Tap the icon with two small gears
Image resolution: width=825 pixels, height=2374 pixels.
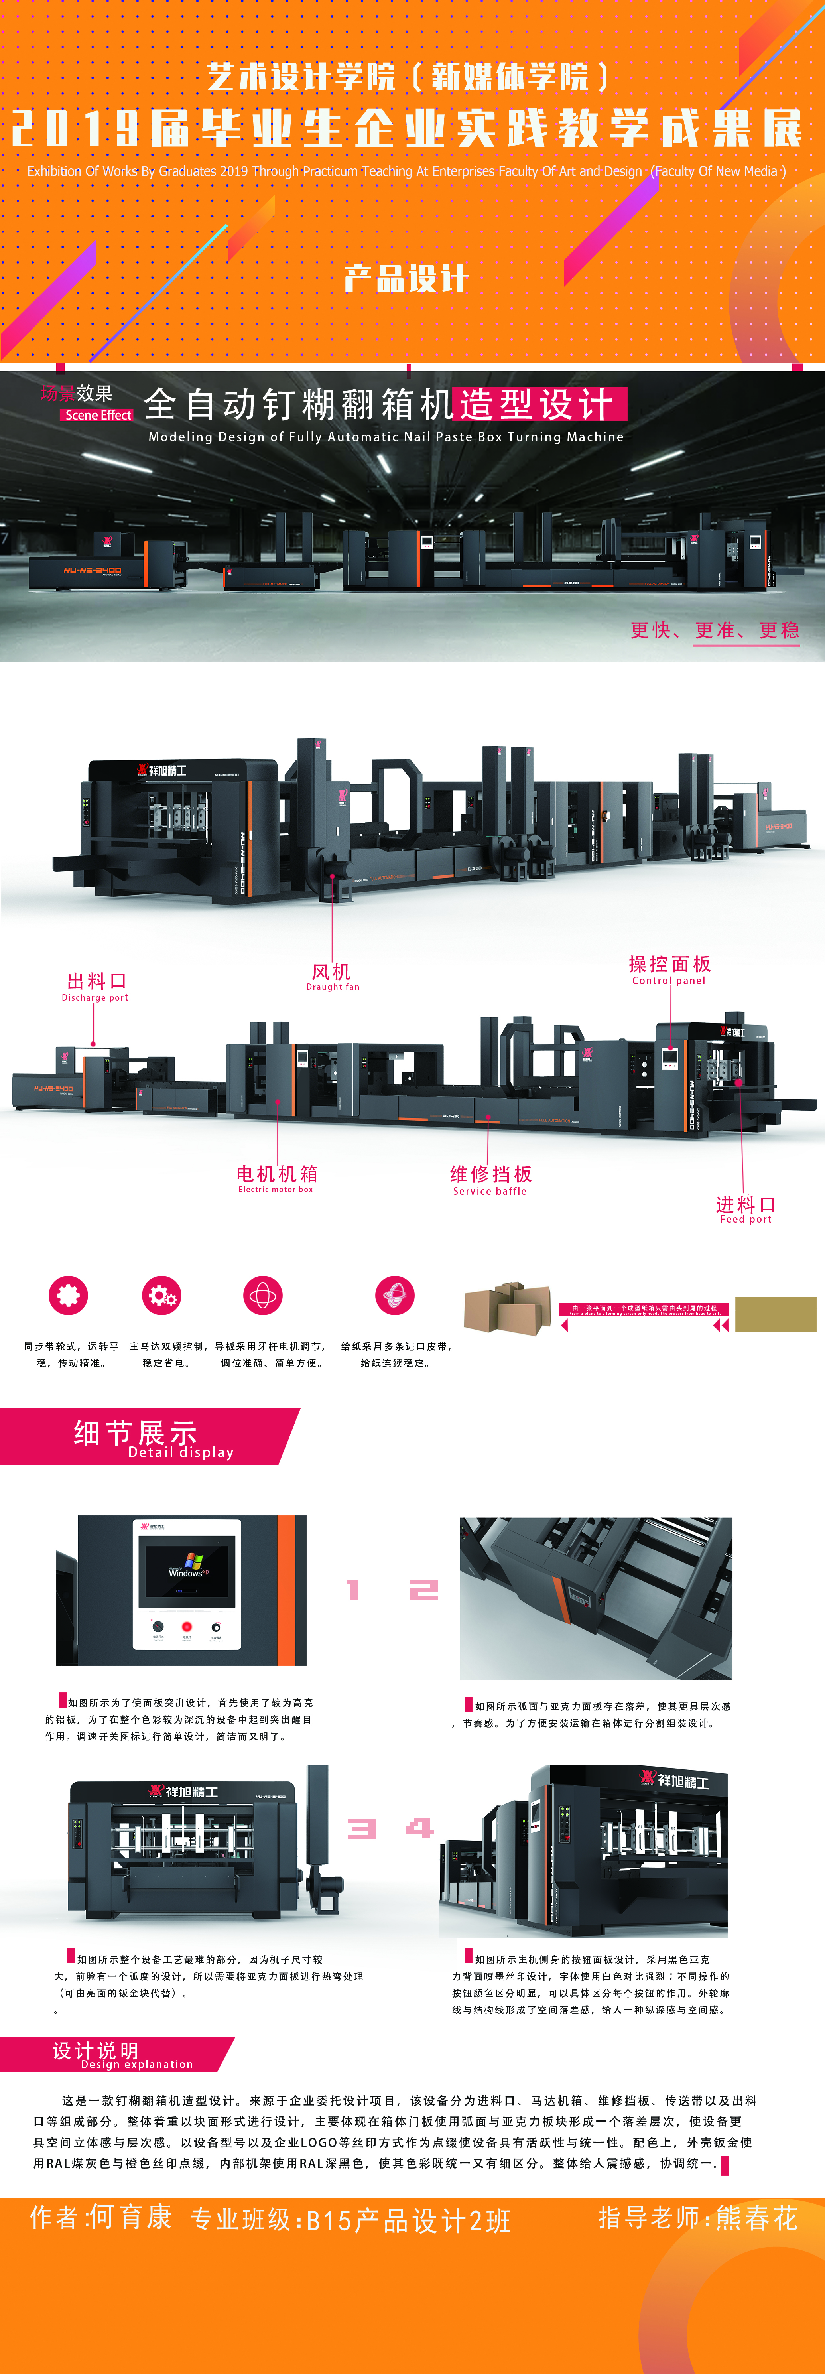(x=162, y=1296)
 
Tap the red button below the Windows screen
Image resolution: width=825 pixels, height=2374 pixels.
(x=186, y=1627)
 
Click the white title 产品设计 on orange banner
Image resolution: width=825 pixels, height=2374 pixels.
(x=406, y=278)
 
